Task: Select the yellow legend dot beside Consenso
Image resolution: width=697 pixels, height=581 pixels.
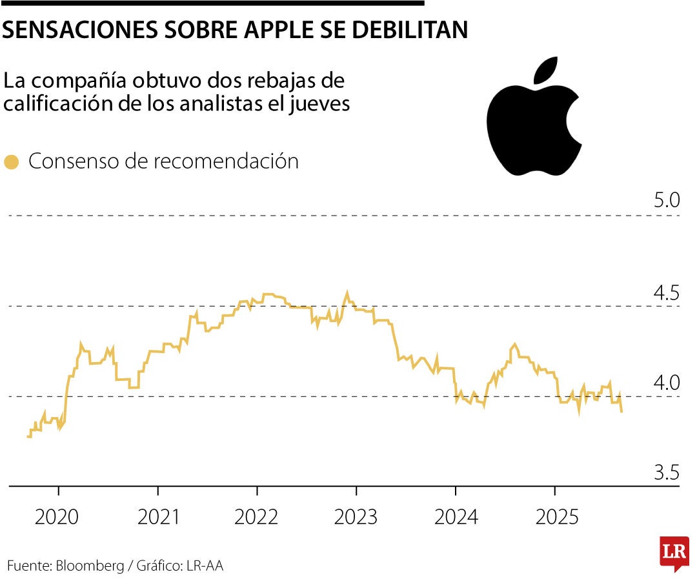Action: [11, 162]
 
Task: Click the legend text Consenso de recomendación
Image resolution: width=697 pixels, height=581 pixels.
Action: [163, 161]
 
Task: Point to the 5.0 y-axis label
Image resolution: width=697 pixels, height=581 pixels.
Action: [667, 200]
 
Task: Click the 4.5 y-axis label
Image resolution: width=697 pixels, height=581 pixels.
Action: [667, 292]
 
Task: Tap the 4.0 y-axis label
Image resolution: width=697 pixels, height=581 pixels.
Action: [667, 382]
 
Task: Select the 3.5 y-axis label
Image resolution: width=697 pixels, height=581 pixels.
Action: [667, 473]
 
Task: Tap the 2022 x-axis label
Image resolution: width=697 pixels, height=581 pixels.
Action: [257, 517]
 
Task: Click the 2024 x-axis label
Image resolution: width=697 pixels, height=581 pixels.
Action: [456, 517]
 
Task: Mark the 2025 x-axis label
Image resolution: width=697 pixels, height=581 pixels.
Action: [554, 517]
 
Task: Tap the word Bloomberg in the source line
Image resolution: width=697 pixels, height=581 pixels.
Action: [90, 566]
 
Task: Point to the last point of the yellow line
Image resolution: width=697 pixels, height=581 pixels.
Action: [621, 411]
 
